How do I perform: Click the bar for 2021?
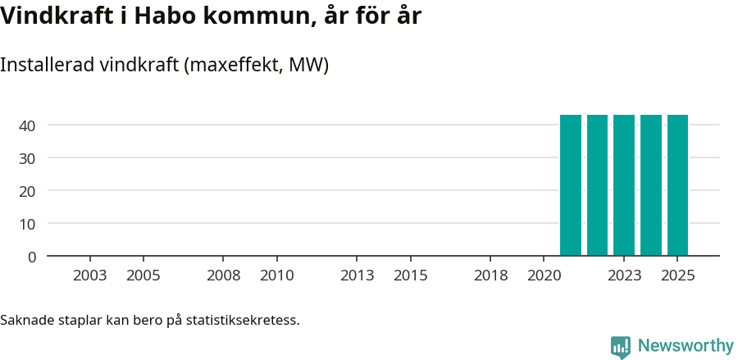(x=571, y=185)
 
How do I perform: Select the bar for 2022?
(x=597, y=185)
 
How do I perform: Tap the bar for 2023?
(x=624, y=185)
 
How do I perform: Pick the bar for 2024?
(x=651, y=185)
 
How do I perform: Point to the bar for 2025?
(x=677, y=185)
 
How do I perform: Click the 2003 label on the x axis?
(x=90, y=276)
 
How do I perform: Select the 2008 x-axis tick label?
(x=224, y=276)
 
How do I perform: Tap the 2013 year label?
(x=358, y=276)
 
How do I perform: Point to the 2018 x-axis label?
(x=491, y=276)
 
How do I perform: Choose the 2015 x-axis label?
(x=411, y=276)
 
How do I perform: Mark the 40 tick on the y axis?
(x=28, y=125)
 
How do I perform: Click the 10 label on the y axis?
(x=28, y=224)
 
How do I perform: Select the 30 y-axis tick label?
(x=28, y=158)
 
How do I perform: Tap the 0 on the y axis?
(x=32, y=257)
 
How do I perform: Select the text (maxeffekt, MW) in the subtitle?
(x=257, y=65)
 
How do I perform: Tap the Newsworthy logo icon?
(x=621, y=347)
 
